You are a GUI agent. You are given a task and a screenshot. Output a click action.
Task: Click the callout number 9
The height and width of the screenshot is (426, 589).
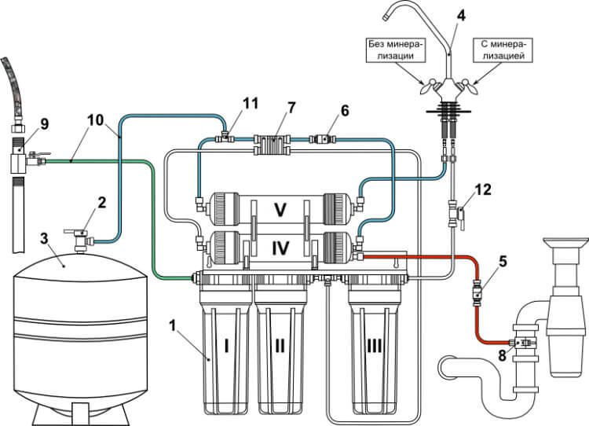click(44, 123)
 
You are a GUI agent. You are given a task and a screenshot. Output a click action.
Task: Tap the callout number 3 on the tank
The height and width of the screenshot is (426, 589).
click(44, 238)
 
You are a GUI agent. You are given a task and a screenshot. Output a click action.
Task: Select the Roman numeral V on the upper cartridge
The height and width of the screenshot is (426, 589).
click(280, 210)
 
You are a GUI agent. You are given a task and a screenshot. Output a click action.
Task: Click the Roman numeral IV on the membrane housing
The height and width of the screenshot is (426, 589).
click(280, 248)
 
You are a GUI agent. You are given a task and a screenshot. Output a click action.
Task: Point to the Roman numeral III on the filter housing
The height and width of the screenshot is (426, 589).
click(374, 347)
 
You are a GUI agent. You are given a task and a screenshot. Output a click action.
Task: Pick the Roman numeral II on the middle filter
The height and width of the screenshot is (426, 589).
click(280, 347)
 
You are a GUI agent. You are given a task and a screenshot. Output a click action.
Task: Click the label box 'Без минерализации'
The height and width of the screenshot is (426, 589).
click(396, 50)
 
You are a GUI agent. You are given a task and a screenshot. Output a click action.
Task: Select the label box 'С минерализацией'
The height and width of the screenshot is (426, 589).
click(503, 50)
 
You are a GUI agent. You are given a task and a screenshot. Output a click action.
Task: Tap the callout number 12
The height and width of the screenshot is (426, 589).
click(483, 190)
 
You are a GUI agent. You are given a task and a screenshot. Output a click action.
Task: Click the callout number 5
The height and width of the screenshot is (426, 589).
click(503, 262)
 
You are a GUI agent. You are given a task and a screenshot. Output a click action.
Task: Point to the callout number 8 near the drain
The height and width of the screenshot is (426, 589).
click(503, 356)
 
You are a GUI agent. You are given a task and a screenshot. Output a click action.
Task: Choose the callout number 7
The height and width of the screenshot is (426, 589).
click(291, 108)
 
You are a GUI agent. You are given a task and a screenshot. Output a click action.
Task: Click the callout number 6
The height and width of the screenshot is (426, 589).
click(345, 111)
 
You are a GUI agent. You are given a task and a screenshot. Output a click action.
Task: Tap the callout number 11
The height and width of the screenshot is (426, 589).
click(251, 104)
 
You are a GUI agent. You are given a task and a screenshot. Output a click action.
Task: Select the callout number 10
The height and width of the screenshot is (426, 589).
click(95, 120)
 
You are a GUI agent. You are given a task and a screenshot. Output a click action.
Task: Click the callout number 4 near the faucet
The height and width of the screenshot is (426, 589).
click(461, 16)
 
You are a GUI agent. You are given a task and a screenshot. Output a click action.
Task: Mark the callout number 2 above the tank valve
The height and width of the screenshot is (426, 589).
click(102, 203)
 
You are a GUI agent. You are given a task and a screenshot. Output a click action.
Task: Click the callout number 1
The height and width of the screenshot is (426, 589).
click(173, 325)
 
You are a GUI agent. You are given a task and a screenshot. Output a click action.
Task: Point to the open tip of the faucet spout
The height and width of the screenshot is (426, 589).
click(385, 17)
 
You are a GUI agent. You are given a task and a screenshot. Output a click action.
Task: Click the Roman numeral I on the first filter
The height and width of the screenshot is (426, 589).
click(226, 347)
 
